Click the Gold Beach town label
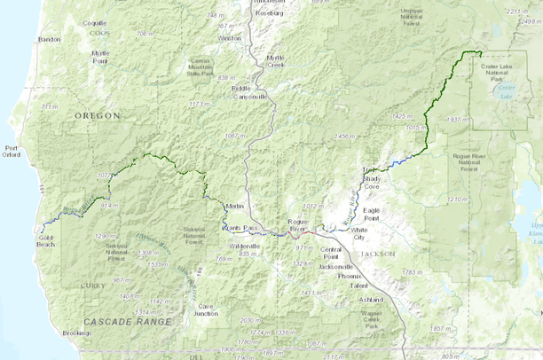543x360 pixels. pos(47,242)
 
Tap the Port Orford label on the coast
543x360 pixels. pos(12,151)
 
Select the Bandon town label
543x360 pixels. pos(50,39)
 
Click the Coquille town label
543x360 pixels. pos(94,22)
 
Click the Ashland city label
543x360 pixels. pos(371,300)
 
